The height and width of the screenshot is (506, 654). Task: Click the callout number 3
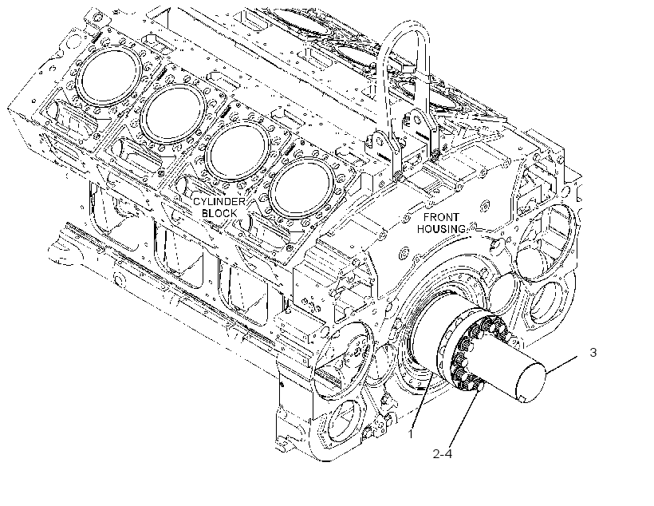(x=593, y=352)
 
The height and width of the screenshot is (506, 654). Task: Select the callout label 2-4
(x=442, y=453)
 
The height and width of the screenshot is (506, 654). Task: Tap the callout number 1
(x=411, y=434)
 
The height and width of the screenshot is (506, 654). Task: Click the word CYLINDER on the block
(x=219, y=202)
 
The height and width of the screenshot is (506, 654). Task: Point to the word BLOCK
(x=219, y=213)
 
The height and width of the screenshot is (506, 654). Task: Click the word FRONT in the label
(x=441, y=217)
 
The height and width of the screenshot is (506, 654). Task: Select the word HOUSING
(x=441, y=229)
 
